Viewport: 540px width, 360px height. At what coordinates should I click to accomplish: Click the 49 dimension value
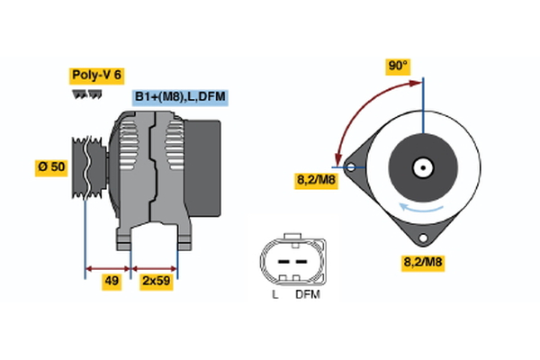(112, 282)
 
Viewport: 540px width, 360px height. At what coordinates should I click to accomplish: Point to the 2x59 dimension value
(156, 282)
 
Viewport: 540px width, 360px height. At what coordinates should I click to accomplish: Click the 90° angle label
(397, 66)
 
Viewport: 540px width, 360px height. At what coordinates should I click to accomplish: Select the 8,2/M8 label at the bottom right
(422, 263)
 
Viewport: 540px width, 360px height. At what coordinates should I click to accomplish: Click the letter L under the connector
(274, 294)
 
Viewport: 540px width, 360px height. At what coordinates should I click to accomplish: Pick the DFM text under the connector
(306, 294)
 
